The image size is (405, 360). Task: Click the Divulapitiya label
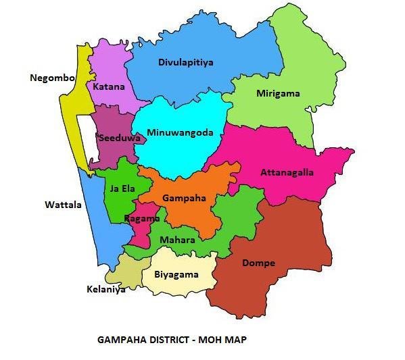pos(186,62)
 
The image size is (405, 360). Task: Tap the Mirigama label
pos(278,93)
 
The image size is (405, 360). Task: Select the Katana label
pos(109,86)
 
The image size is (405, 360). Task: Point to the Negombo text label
pos(51,78)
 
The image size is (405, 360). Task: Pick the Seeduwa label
pos(119,138)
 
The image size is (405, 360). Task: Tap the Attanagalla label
pos(287,172)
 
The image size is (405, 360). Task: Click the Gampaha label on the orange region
pos(181,199)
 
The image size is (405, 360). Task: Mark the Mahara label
pos(177,240)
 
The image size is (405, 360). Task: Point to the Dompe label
pos(258,263)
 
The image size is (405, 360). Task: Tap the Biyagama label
pos(176,274)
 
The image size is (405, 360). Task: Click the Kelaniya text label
pos(106,289)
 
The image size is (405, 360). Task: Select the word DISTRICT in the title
pos(164,340)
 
